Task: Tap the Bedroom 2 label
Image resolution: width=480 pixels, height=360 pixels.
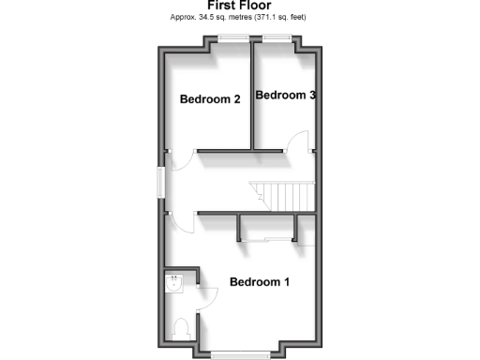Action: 210,98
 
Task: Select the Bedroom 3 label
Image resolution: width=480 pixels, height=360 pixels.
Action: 285,95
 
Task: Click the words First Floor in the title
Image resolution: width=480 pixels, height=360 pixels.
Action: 239,6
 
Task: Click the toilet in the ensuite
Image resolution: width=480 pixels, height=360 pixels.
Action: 183,328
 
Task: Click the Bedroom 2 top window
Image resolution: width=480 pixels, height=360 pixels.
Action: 232,37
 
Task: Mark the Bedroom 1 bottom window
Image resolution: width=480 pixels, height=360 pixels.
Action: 239,353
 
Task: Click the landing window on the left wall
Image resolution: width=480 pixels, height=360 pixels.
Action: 158,182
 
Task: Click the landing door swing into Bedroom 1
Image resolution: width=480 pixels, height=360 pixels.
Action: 183,223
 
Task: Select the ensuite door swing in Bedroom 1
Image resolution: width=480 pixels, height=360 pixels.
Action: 208,298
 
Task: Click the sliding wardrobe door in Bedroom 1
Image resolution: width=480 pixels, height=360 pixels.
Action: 267,242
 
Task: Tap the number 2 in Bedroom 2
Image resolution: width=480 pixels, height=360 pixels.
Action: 237,98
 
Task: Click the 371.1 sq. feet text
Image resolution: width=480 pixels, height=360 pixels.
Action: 279,17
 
